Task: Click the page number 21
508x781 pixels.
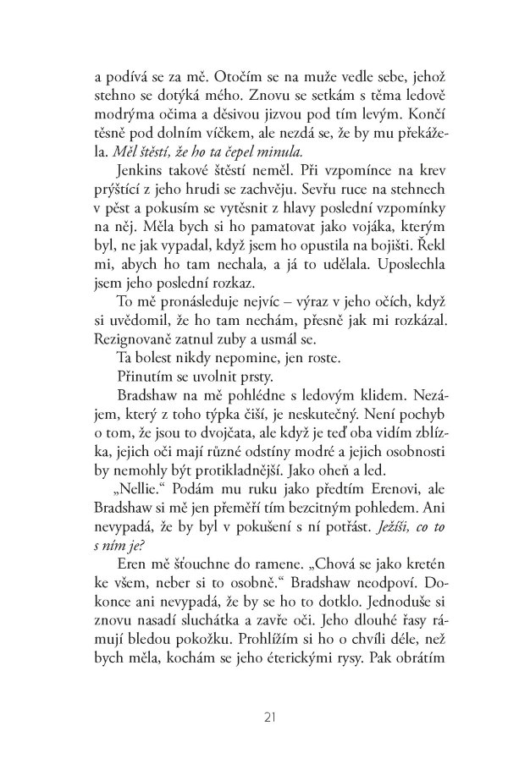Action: [270, 719]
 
